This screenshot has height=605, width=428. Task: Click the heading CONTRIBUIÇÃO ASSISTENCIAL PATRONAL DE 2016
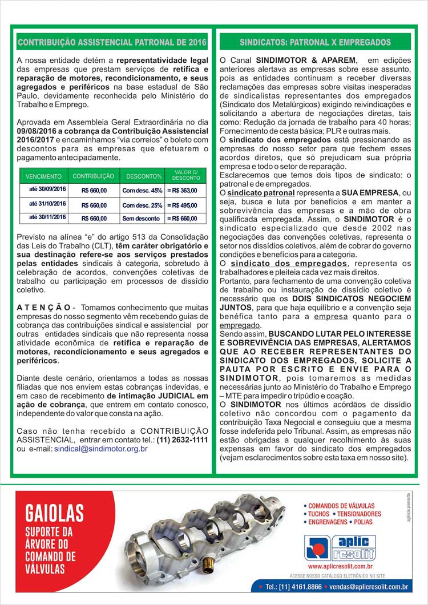point(112,42)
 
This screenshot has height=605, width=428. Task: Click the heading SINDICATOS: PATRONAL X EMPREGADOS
point(315,42)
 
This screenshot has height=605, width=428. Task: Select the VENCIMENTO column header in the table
point(44,177)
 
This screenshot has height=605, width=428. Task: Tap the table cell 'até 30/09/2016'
point(47,189)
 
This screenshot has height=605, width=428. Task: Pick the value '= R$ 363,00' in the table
point(182,190)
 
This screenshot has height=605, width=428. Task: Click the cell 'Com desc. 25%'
point(142,204)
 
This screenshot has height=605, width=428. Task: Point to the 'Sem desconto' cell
point(141,218)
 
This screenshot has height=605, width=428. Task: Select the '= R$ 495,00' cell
point(182,204)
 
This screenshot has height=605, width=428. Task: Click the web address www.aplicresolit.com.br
point(341,567)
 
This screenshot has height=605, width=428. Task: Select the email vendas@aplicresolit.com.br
point(369,586)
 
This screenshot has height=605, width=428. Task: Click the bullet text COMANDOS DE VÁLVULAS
point(341,506)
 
